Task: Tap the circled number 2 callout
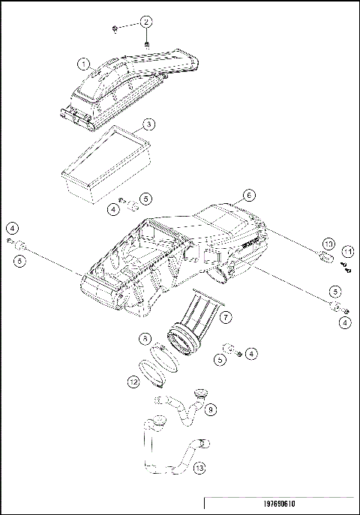pos(146,21)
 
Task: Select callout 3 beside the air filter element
pos(149,124)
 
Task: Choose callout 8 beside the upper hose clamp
pos(145,339)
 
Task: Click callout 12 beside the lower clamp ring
pos(133,382)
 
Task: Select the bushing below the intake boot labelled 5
pos(226,348)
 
